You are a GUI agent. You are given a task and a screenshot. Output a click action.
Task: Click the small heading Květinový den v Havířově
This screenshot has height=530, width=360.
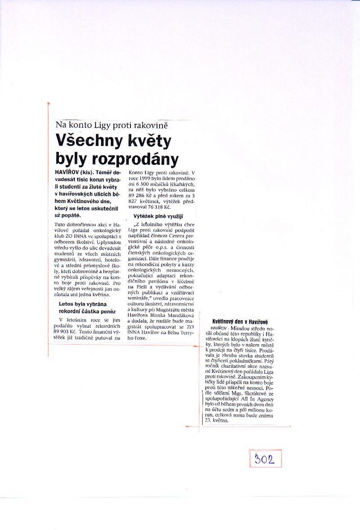tap(240, 322)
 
